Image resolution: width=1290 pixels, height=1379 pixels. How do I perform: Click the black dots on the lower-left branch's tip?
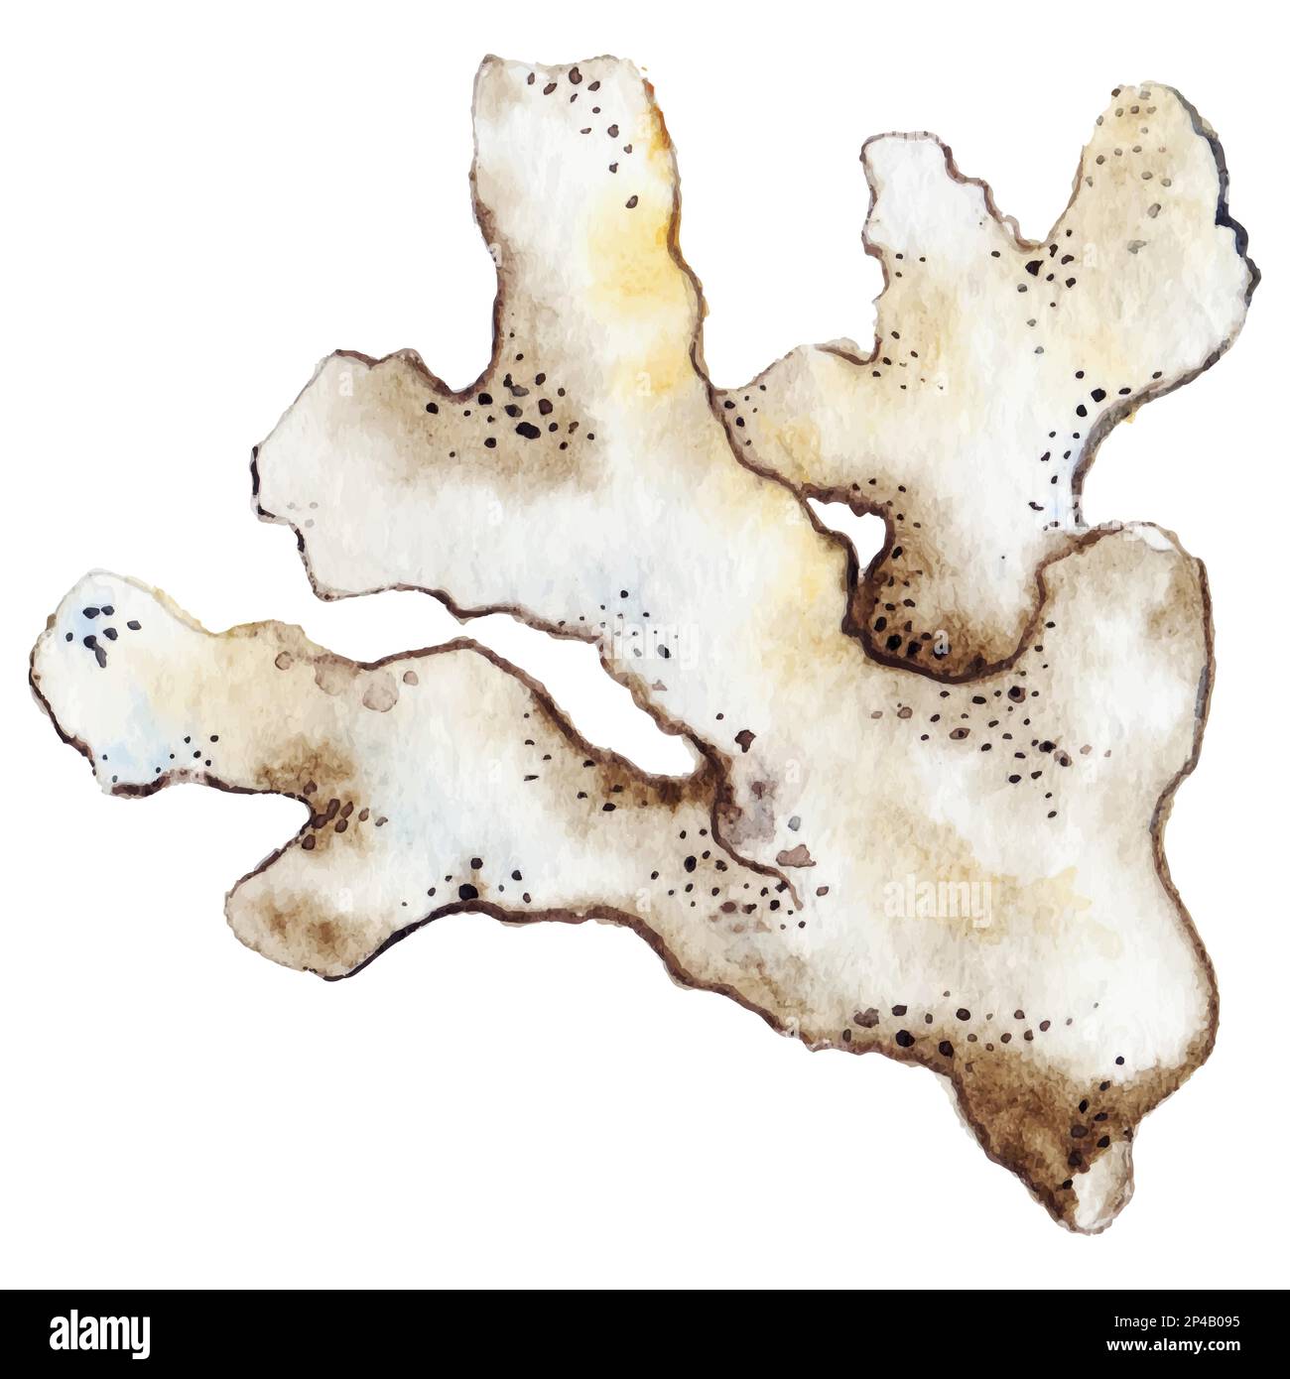click(104, 630)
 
